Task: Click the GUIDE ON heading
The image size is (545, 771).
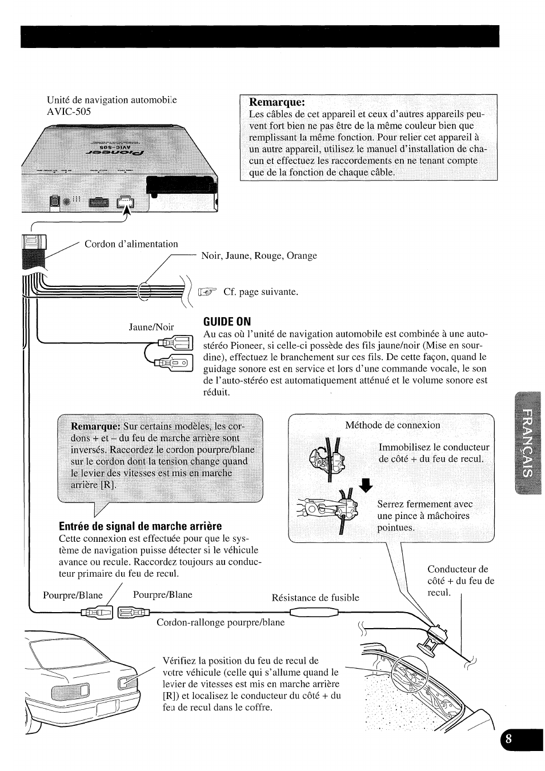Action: (227, 321)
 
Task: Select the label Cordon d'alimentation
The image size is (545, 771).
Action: (131, 244)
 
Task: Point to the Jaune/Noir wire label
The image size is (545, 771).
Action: (151, 327)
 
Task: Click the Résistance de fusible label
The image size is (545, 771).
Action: (315, 597)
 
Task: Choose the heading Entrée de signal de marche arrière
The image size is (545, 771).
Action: (140, 526)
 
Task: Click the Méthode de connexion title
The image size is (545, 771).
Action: (392, 425)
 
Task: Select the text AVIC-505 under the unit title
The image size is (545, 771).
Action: (69, 111)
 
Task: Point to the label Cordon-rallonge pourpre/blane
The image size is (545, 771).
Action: (221, 622)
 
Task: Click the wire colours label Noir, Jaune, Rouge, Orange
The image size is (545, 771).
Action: (259, 255)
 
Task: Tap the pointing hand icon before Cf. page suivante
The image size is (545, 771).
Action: (208, 292)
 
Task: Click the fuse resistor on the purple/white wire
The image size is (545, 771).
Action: (314, 613)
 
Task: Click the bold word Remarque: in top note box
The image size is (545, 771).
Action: (277, 102)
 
